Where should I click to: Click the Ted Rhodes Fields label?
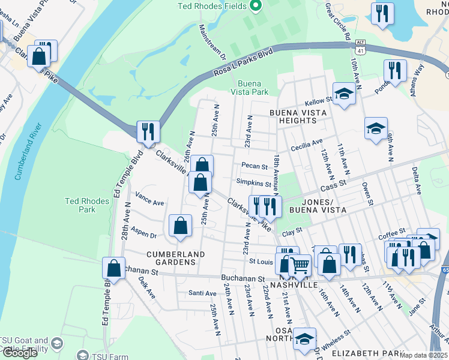point(212,7)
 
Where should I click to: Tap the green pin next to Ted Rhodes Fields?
point(256,7)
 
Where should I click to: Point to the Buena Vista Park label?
point(253,88)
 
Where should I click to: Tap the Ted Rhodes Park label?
point(88,206)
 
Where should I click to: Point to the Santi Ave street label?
point(202,293)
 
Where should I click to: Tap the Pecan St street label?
point(253,166)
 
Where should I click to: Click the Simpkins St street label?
point(254,183)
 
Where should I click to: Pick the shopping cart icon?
point(300,264)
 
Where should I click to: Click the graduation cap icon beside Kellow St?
point(345,94)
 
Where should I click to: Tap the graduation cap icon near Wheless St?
point(305,338)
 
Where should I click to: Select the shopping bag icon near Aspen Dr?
point(180,226)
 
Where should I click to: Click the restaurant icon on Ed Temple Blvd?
point(148,131)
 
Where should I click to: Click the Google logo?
point(20,353)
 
